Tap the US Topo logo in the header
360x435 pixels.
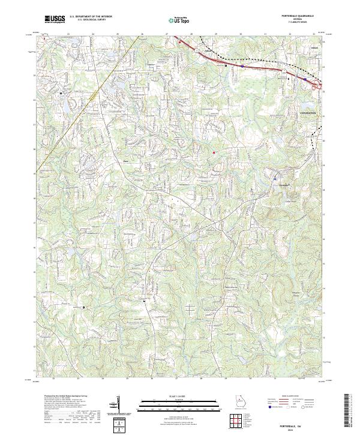click(x=179, y=20)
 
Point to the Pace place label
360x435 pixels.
click(x=126, y=161)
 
